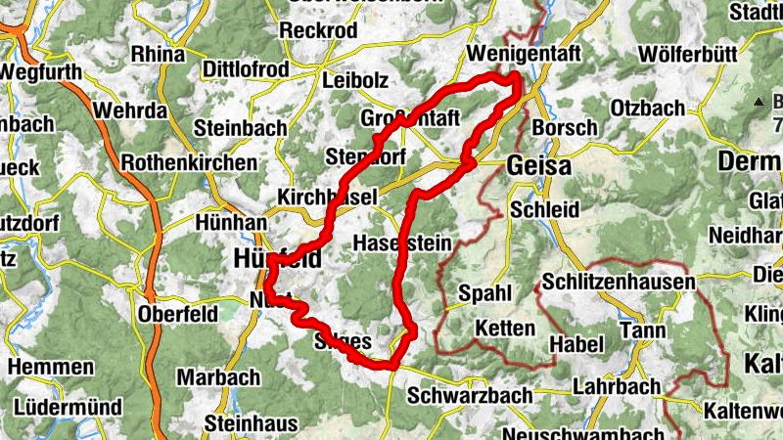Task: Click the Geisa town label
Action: click(539, 166)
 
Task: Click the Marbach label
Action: click(218, 376)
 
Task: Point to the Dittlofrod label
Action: click(246, 69)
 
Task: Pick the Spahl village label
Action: click(484, 292)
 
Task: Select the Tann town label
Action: click(643, 331)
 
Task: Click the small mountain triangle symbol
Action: click(759, 101)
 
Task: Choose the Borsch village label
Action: click(563, 128)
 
